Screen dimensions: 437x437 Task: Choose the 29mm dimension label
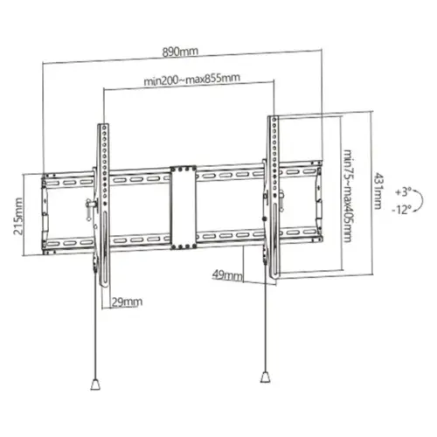(127, 302)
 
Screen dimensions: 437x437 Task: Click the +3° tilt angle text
(403, 191)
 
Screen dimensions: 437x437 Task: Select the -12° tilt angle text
(403, 209)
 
